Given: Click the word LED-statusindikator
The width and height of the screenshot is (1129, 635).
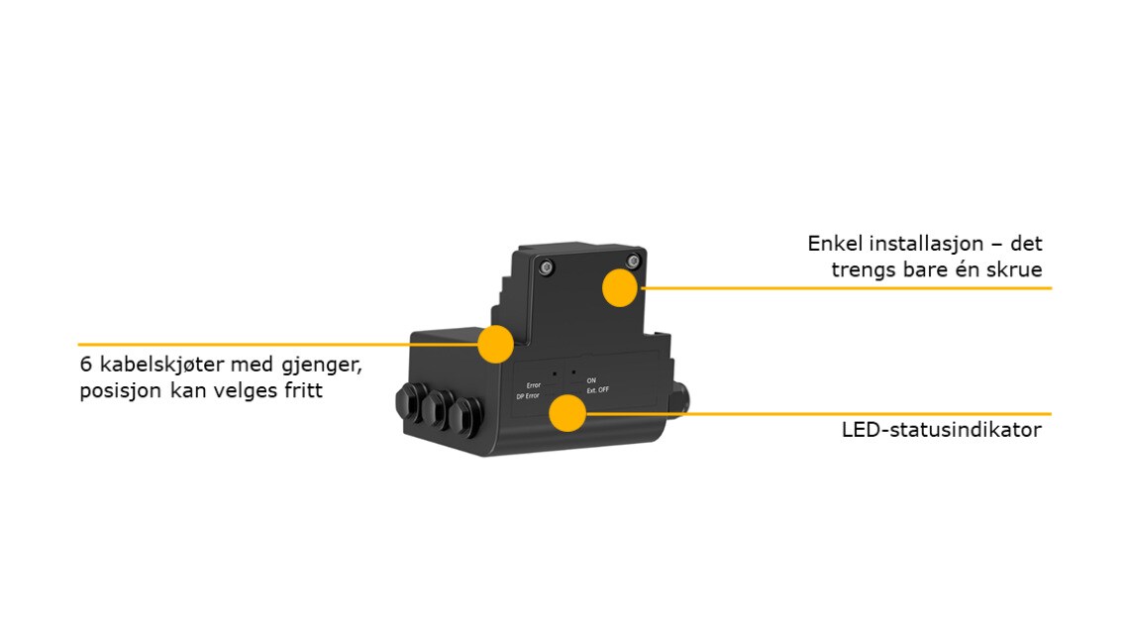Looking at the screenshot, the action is point(941,430).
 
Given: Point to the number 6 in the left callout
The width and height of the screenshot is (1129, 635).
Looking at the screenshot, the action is point(86,365).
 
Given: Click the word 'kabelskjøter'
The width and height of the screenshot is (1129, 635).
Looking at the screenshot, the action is point(161,365).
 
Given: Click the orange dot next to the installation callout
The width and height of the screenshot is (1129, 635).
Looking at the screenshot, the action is point(620,287).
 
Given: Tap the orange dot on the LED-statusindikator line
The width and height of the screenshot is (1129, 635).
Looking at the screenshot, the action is point(567,413).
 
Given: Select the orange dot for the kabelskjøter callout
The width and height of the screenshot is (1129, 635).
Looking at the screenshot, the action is point(495,344).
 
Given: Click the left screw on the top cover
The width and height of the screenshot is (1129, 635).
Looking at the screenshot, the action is point(547,267).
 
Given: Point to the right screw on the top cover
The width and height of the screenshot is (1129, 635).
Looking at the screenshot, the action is point(633,261).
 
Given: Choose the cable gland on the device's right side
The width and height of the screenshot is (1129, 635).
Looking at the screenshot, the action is point(679,399).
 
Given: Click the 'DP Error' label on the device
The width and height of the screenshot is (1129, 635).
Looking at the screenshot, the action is point(528,396).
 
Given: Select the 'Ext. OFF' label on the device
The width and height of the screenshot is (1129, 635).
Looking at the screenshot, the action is point(597,390).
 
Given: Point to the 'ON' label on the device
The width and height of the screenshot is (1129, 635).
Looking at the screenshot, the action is point(591,380).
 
